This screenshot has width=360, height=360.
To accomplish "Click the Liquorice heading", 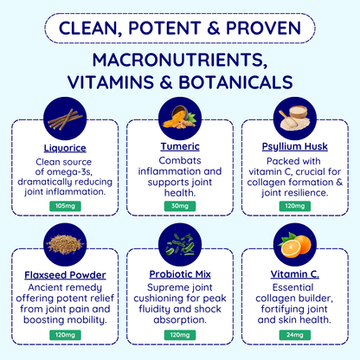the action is pos(65,148).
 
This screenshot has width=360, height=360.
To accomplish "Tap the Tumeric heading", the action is pos(180,146).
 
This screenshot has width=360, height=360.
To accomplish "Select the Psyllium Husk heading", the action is pos(295,147).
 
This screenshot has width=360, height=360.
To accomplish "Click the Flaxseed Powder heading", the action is pos(65,275).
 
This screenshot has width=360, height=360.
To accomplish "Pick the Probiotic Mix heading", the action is pos(180,274).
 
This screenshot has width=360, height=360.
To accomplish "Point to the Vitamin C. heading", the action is pos(295,274).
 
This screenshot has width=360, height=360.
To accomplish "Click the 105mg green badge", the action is pos(65,206).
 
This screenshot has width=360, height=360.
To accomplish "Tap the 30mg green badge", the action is pos(180,206).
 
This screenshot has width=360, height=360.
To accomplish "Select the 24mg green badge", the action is pos(295,335).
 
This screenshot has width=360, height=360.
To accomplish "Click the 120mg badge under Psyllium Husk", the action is pos(295,206).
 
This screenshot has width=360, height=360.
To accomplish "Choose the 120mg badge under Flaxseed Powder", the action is pos(65,335).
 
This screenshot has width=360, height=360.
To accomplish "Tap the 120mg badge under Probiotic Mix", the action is pos(180,335).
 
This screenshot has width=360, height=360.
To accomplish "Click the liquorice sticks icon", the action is pos(65,119).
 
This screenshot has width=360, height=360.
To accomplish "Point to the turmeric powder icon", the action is pos(180,119).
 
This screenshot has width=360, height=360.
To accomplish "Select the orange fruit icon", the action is pos(295,245).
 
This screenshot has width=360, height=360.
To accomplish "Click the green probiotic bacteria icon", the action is pos(180,245).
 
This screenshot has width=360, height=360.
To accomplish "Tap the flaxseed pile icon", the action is pos(65,245).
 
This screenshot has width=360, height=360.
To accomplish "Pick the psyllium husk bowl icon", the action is pos(295,119).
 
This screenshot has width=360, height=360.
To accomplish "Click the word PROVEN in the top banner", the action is pos(263,29).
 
